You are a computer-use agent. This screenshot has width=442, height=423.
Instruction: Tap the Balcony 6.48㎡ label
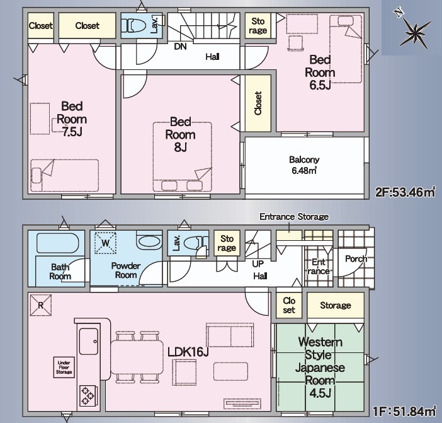coord(304,165)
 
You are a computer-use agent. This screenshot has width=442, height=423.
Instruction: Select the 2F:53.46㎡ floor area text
coord(405,192)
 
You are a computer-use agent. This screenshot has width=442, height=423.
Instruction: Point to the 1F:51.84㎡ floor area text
coord(404,411)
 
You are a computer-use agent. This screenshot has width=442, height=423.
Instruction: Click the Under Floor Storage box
coord(64,368)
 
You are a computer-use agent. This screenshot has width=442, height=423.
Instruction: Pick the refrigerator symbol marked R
coord(40,305)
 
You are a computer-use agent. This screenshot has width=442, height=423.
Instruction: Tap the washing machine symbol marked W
coord(105,243)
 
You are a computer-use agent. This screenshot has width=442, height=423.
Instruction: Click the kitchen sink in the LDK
coord(89,341)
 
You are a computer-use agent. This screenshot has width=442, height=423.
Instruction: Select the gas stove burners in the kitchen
coord(88,396)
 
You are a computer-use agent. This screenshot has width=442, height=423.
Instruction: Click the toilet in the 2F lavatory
coord(133,26)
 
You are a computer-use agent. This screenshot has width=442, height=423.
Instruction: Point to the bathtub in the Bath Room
coord(58,243)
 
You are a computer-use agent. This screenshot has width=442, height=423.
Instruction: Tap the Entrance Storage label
coord(294,217)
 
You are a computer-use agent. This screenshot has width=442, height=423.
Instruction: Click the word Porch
coord(356,258)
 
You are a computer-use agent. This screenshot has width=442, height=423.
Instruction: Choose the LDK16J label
coord(188,352)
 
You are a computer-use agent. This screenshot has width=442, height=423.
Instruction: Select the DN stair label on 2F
coord(181,47)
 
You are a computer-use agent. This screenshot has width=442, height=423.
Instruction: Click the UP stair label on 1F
coord(258,264)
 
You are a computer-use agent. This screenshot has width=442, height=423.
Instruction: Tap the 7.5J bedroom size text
coord(72,132)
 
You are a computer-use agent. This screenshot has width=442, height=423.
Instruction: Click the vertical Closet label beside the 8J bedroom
coord(258,103)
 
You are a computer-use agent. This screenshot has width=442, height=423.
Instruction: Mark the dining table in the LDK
coord(137,357)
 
